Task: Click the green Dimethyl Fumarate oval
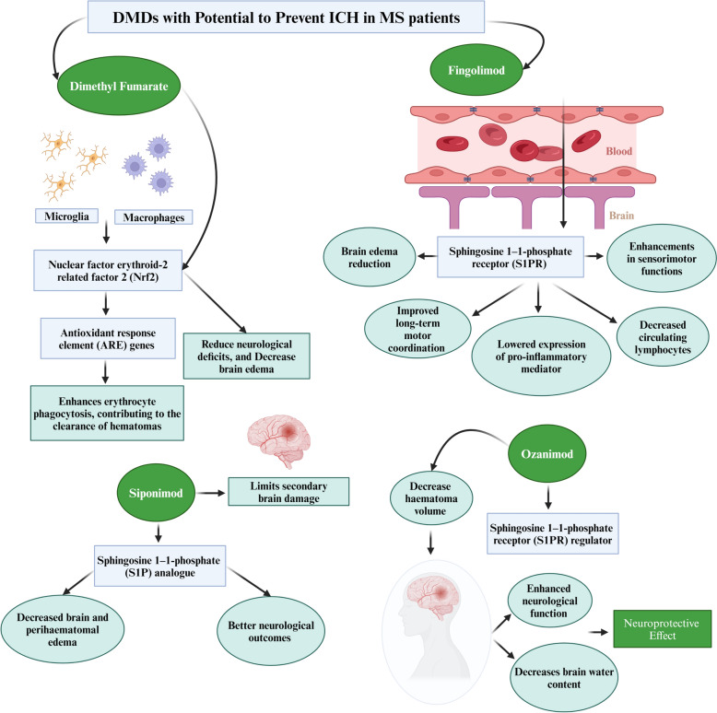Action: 119,86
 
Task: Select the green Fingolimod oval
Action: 476,70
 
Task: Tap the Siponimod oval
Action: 156,493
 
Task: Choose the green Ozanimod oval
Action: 547,453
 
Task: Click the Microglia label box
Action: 66,216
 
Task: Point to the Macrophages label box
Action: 154,217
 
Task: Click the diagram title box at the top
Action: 287,18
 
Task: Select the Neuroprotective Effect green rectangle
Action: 662,629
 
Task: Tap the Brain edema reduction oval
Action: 370,257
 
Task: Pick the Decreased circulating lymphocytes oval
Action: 663,337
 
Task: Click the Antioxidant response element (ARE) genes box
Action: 108,339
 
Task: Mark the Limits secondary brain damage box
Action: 288,492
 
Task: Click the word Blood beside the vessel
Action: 618,151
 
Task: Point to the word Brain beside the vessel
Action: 621,216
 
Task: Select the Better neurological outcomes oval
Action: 271,631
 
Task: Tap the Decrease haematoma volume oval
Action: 430,498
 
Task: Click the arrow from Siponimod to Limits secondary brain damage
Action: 211,493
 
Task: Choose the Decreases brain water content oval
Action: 564,678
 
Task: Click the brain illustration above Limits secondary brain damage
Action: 279,440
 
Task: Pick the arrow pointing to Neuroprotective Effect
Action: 598,632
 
